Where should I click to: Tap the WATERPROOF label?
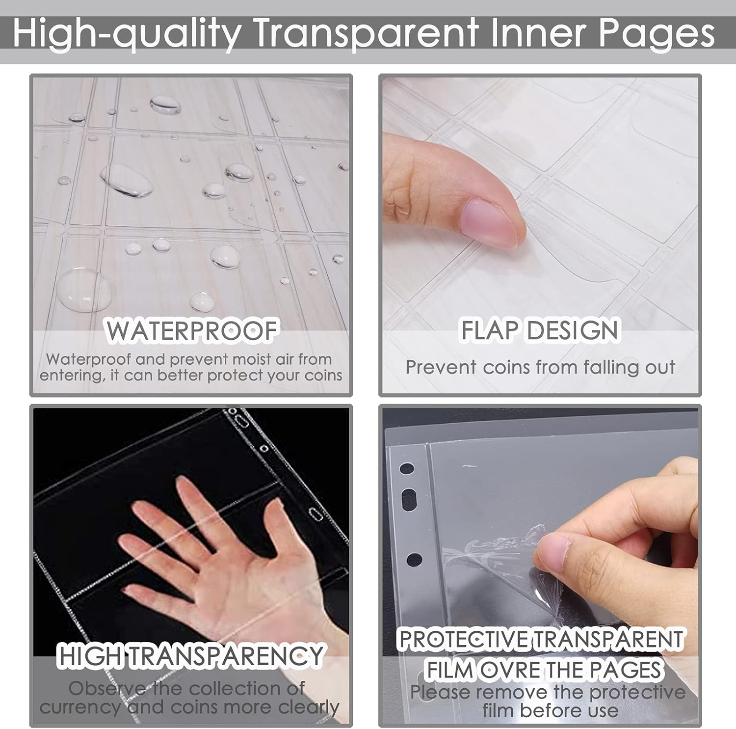[192, 330]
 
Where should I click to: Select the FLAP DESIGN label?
[540, 330]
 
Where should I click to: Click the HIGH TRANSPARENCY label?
[191, 655]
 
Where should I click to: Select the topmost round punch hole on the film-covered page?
[406, 468]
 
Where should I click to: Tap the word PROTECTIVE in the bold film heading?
[463, 640]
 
